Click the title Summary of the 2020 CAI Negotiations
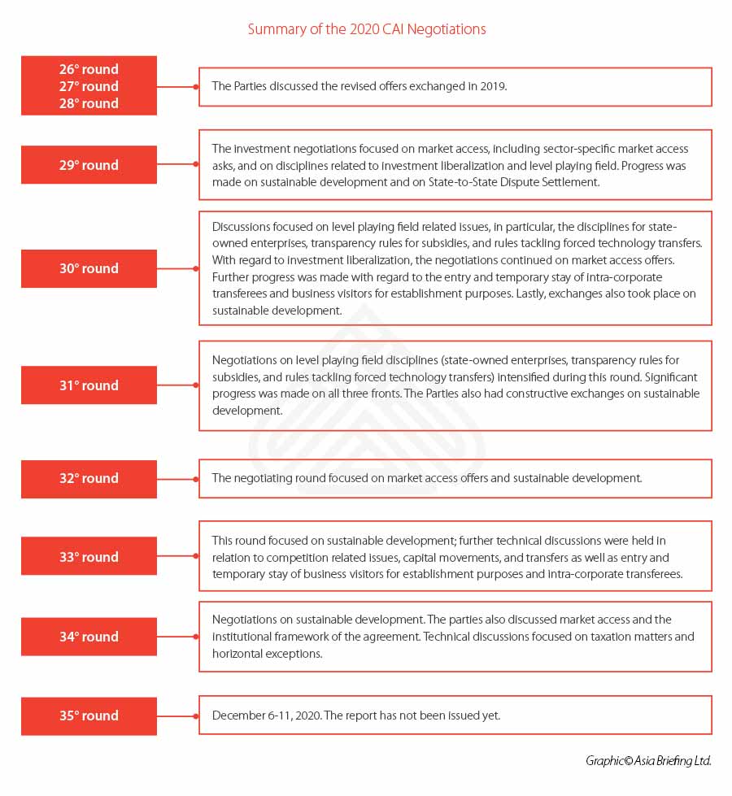(366, 29)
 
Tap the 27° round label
(89, 86)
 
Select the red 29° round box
(89, 165)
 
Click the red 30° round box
(89, 268)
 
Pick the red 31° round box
(89, 385)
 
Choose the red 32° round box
(89, 478)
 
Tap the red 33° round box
(89, 557)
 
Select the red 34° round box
(89, 637)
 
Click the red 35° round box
(89, 716)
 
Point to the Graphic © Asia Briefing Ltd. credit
(648, 761)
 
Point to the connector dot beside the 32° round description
(196, 478)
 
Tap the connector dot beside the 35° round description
(196, 716)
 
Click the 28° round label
(89, 103)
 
